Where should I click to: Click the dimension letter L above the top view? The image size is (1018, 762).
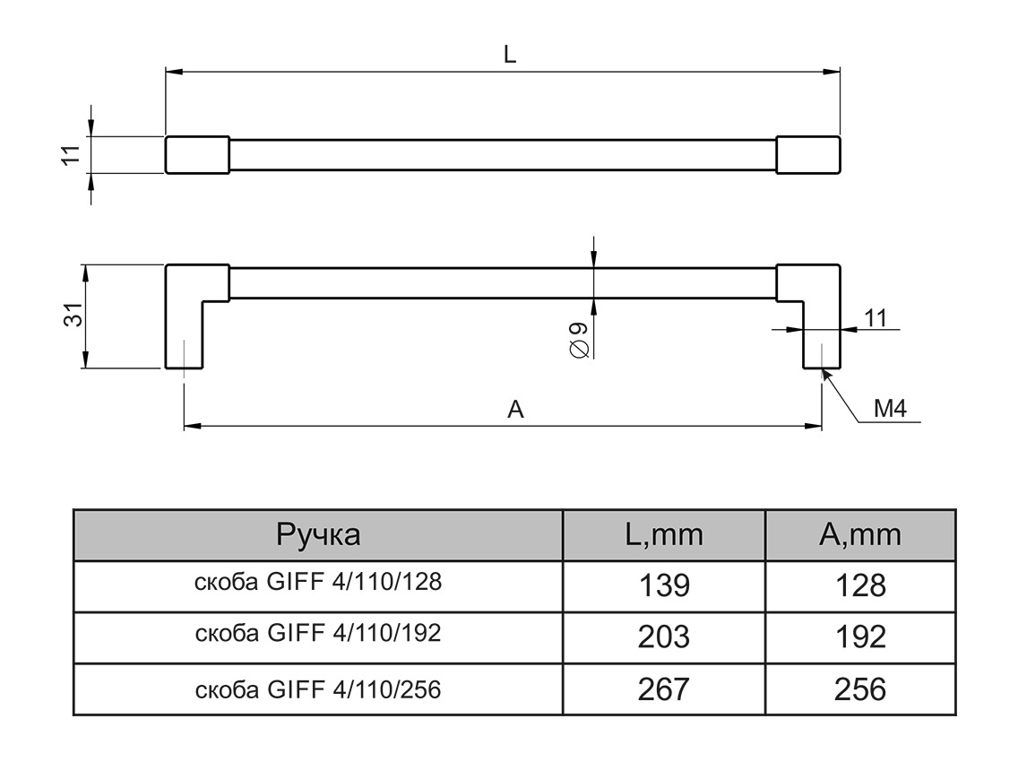[509, 55]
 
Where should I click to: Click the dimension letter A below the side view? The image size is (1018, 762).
[515, 410]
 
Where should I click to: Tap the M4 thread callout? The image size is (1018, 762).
[891, 410]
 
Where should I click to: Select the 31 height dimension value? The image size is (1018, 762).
[75, 316]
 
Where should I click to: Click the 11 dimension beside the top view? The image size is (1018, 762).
[75, 154]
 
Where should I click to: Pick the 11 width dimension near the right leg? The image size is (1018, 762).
[876, 316]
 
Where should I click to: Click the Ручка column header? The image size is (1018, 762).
[318, 535]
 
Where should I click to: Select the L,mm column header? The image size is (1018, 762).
[664, 535]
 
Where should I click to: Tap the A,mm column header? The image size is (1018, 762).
[860, 535]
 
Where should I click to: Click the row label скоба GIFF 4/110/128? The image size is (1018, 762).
[318, 583]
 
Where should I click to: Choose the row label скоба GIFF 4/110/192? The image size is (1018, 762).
[318, 634]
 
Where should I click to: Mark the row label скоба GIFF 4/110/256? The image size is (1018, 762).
[318, 688]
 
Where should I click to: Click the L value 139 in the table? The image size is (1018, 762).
[664, 586]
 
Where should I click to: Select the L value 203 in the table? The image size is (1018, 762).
[664, 637]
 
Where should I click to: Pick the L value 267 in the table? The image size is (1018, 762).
[664, 689]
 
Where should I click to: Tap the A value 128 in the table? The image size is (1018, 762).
[860, 586]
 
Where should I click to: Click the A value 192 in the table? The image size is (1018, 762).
[860, 637]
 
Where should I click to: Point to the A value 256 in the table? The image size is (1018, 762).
[860, 689]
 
